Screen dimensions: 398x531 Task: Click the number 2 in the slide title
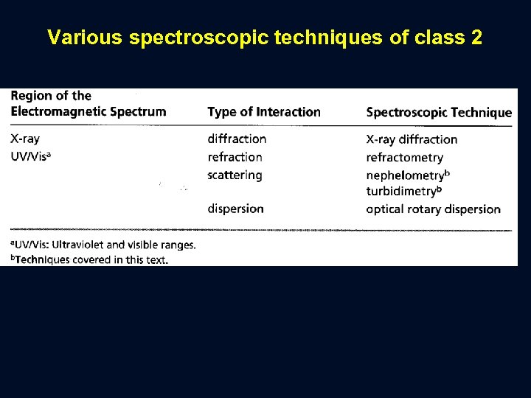474,38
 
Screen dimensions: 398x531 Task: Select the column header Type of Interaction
264,112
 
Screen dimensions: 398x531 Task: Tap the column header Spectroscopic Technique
439,113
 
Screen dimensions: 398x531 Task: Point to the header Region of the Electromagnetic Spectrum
88,104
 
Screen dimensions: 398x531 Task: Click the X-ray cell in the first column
26,139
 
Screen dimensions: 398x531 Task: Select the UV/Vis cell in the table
30,157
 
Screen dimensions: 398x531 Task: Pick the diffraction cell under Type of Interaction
237,139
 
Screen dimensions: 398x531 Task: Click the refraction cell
235,157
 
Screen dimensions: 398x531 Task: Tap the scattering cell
235,175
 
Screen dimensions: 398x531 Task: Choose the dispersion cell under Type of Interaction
235,209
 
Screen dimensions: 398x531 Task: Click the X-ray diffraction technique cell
412,139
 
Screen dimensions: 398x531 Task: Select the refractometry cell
404,158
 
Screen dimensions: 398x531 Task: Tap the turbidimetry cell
403,191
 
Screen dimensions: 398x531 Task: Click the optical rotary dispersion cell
433,209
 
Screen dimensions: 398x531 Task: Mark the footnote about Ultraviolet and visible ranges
103,245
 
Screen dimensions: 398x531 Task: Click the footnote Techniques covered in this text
89,259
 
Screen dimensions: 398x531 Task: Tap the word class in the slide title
435,38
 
